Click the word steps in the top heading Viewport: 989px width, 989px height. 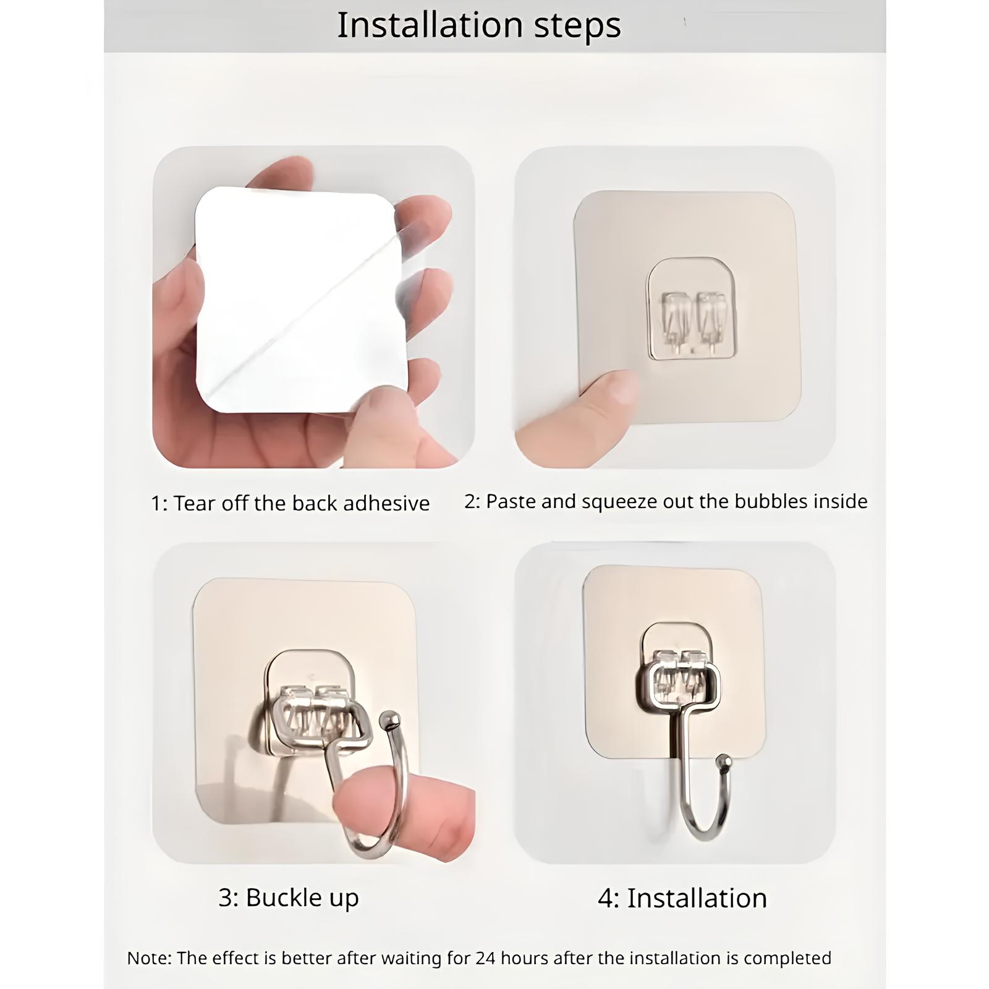click(577, 27)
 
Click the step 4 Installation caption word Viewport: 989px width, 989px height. click(697, 898)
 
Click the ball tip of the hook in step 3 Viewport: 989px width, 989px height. click(389, 719)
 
